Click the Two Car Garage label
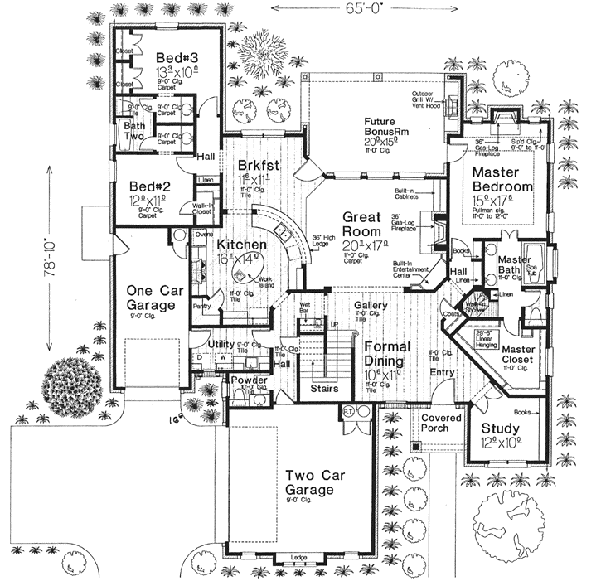click(x=309, y=483)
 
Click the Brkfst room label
click(x=256, y=164)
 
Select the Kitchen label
click(x=242, y=245)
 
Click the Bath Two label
click(x=134, y=131)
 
